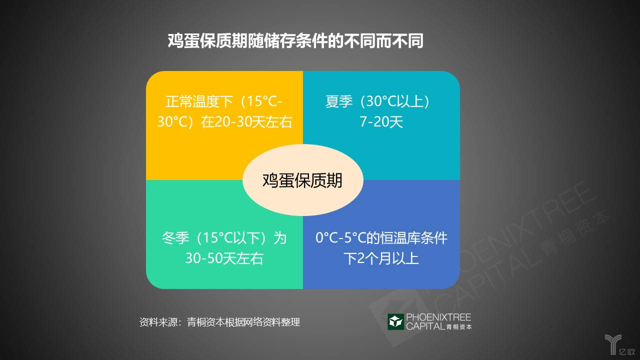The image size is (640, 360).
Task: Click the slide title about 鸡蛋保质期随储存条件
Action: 295,41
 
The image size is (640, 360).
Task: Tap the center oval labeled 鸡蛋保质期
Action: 303,180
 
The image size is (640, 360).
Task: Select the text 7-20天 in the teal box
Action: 381,121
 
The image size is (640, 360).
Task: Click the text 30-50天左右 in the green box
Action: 224,258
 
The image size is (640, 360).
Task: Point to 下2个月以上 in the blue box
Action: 381,258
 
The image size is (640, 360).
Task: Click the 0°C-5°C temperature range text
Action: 340,238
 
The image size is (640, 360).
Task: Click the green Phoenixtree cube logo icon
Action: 395,321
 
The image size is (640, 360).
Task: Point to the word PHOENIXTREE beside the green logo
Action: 438,317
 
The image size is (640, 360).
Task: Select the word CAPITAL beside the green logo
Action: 425,326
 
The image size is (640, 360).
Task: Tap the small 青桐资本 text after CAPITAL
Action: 459,327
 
